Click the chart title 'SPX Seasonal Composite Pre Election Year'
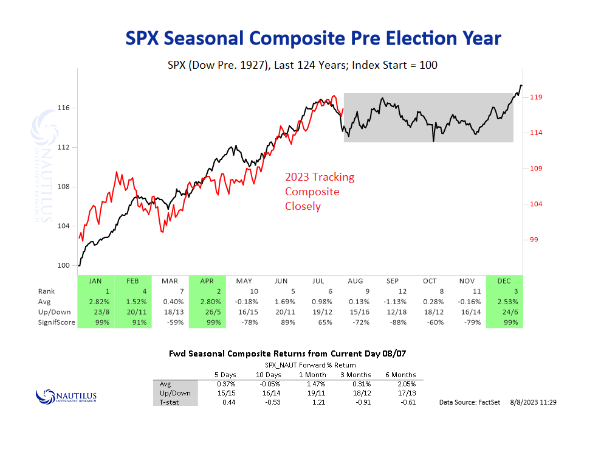point(313,38)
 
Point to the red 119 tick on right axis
point(536,97)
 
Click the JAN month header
point(95,281)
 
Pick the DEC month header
point(504,281)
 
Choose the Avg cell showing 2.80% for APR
point(207,301)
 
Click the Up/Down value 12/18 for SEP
point(393,312)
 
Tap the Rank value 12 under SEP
point(393,291)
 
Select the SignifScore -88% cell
point(393,322)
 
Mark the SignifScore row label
point(57,322)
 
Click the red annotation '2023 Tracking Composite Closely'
point(320,192)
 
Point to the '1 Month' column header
point(312,375)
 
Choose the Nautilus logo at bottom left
point(66,396)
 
